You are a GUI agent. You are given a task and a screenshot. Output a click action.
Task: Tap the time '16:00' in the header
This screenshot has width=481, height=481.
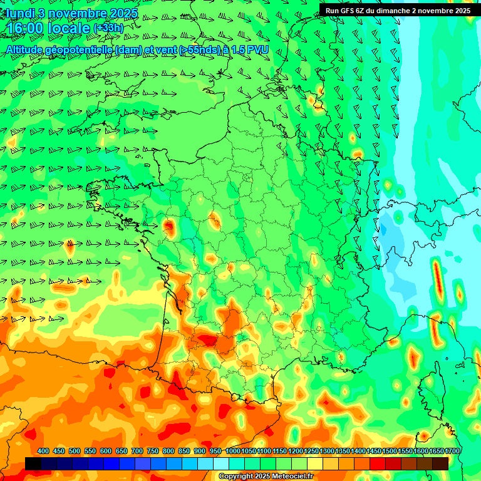click(25, 29)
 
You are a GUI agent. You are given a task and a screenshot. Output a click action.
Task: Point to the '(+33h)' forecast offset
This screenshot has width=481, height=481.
click(108, 28)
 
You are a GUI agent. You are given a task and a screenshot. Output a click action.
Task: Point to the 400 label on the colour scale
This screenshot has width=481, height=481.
click(43, 451)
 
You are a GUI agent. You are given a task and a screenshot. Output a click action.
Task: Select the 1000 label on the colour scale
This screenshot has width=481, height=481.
click(232, 451)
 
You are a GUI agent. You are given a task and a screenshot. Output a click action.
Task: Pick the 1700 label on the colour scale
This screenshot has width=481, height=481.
click(452, 451)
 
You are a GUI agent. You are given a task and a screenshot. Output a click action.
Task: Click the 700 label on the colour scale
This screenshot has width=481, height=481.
click(137, 451)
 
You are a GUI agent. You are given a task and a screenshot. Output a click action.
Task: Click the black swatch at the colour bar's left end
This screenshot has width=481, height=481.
click(33, 463)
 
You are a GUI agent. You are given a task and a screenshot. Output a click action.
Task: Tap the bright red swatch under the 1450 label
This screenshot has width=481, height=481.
click(378, 463)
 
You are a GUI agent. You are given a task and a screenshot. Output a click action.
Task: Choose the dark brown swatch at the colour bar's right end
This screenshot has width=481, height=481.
click(440, 463)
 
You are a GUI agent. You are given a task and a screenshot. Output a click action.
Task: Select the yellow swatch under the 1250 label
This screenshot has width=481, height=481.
click(315, 463)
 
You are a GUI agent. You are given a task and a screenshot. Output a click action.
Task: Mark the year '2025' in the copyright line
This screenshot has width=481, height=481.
click(262, 477)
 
